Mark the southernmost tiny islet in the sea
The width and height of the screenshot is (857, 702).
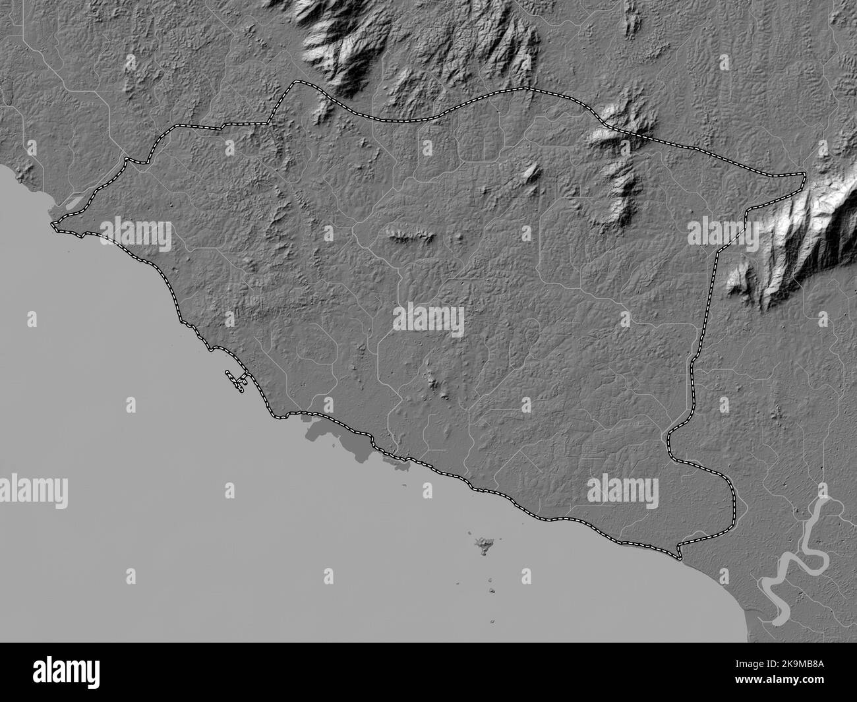tap(494, 622)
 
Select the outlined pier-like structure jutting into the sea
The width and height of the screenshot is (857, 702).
tap(237, 380)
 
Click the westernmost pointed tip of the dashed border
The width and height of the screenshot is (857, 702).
tap(53, 227)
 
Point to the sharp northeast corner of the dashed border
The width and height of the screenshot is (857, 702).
tap(804, 174)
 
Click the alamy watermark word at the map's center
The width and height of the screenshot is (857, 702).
tap(428, 320)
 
